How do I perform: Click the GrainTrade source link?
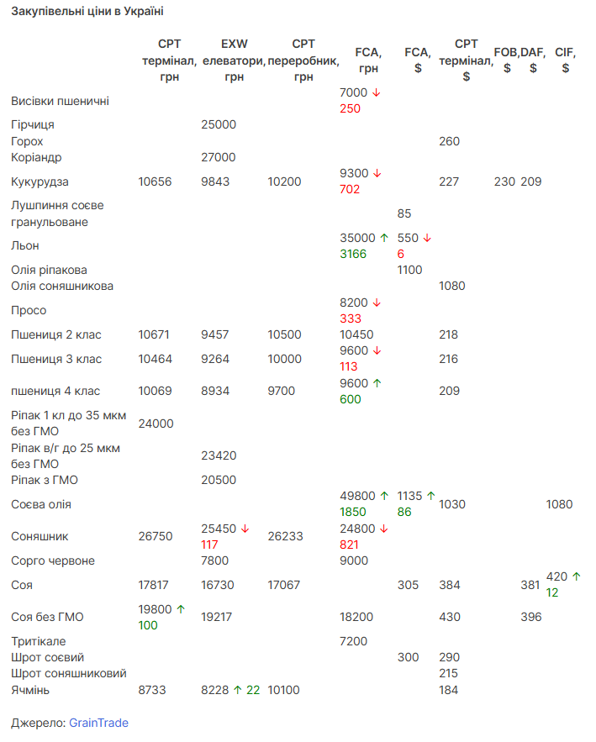coord(98,723)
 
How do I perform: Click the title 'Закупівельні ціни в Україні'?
coord(87,11)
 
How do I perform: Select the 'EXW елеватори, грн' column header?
coord(234,61)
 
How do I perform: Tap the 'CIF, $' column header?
coord(565,61)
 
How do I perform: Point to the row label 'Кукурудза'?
coord(40,182)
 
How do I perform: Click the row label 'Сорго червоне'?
coord(53,560)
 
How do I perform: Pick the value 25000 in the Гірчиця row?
coord(219,124)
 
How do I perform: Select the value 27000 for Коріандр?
coord(219,157)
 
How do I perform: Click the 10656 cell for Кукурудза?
coord(155,182)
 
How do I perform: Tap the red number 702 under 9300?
coord(350,189)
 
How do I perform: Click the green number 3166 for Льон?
coord(353,254)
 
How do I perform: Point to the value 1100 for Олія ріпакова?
coord(409,270)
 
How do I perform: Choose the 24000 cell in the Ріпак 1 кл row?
coord(156,424)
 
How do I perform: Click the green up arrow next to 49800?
coord(384,496)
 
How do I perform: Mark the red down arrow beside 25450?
coord(245,529)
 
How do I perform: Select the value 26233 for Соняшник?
coord(285,536)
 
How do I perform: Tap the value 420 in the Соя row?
coord(556,576)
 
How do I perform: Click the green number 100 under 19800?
coord(148,625)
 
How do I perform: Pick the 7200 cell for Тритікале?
coord(353,641)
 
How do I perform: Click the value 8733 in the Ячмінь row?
coord(152,690)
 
